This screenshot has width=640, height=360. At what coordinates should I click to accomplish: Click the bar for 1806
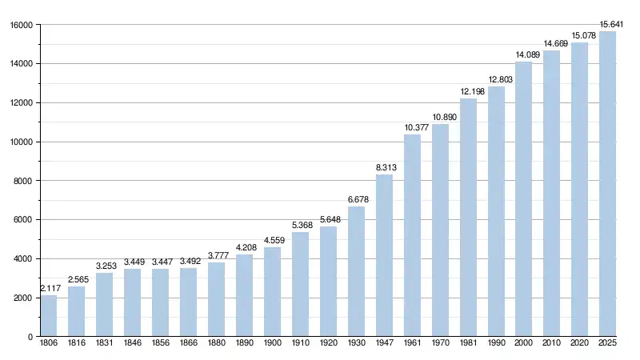click(x=49, y=316)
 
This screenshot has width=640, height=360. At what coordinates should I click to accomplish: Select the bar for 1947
click(x=384, y=256)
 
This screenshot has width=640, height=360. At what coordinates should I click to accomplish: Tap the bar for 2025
click(x=608, y=184)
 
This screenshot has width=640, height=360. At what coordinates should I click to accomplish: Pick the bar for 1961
click(x=412, y=235)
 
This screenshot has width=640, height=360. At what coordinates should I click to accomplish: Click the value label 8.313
click(x=384, y=167)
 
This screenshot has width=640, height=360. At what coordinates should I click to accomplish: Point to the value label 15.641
click(x=608, y=23)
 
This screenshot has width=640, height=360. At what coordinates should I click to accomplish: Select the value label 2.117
click(x=50, y=288)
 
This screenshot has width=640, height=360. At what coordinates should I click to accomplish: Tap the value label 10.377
click(x=412, y=127)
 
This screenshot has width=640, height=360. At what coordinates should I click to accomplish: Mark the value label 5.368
click(x=300, y=225)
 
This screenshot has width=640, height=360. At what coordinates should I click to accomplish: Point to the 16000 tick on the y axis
click(x=21, y=25)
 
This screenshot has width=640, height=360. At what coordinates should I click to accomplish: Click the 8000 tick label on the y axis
click(x=23, y=181)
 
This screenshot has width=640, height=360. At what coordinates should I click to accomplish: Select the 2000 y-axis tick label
click(x=23, y=298)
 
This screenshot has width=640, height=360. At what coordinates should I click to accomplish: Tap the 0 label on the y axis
click(x=30, y=337)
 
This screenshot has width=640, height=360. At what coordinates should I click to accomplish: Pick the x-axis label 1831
click(x=104, y=345)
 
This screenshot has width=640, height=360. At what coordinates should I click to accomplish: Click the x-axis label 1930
click(x=356, y=345)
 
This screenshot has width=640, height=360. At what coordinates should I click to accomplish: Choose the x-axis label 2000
click(x=524, y=345)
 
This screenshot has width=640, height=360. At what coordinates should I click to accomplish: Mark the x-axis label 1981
click(x=468, y=345)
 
